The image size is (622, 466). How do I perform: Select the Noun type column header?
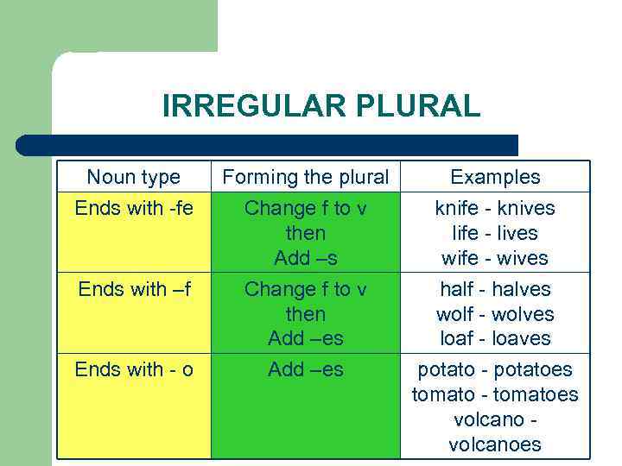tap(134, 178)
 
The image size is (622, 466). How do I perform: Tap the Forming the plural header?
tap(306, 178)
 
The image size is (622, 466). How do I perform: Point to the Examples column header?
tap(495, 178)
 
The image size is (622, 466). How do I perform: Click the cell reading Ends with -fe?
tap(134, 208)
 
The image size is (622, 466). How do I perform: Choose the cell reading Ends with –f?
tap(134, 289)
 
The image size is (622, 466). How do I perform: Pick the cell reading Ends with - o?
tap(134, 370)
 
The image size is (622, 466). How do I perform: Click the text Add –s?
tap(306, 258)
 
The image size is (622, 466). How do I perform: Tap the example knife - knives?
tap(495, 208)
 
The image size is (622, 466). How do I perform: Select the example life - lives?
tap(495, 233)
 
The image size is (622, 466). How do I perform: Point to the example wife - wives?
tap(495, 258)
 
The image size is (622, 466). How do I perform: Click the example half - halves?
tap(495, 289)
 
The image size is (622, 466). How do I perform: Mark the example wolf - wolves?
tap(495, 314)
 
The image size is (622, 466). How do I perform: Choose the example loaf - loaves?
tap(495, 338)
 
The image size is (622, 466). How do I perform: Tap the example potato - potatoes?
tap(495, 370)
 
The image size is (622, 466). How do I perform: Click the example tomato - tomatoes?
tap(495, 395)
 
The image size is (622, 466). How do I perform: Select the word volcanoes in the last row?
tap(495, 445)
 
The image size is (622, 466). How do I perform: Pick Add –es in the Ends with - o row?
tap(306, 370)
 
